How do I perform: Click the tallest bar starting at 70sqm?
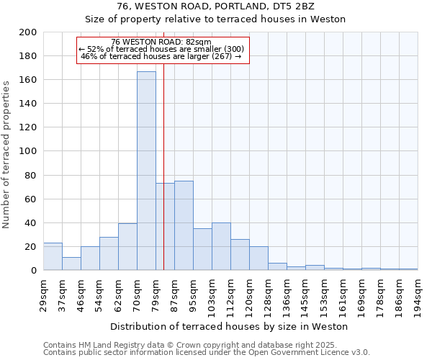pyautogui.click(x=146, y=171)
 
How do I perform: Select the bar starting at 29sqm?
pyautogui.click(x=53, y=256)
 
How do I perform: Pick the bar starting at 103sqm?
pyautogui.click(x=221, y=246)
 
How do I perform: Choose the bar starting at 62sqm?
pyautogui.click(x=127, y=247)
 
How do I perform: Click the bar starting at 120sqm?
pyautogui.click(x=258, y=258)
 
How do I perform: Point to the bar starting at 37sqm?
pyautogui.click(x=71, y=264)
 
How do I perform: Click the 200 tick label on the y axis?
pyautogui.click(x=29, y=32)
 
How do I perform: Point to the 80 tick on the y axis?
pyautogui.click(x=31, y=175)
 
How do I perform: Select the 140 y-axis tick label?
pyautogui.click(x=29, y=104)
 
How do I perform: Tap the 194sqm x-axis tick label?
pyautogui.click(x=418, y=294)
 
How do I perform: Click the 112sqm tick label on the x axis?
pyautogui.click(x=231, y=294)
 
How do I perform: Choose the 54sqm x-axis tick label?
pyautogui.click(x=100, y=294)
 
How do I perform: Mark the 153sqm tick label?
pyautogui.click(x=325, y=294)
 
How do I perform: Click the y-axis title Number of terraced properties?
pyautogui.click(x=7, y=154)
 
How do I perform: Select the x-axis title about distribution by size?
pyautogui.click(x=229, y=326)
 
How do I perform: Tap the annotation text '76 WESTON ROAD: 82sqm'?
pyautogui.click(x=162, y=42)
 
